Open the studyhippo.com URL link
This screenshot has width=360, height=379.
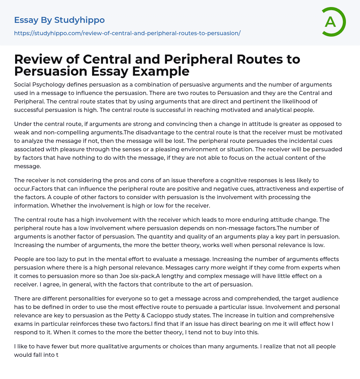(x=127, y=33)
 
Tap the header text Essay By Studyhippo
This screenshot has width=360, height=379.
(x=59, y=20)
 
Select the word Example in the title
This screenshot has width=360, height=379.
(x=161, y=71)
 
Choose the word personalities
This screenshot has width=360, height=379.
(x=89, y=298)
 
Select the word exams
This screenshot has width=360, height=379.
(x=23, y=324)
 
